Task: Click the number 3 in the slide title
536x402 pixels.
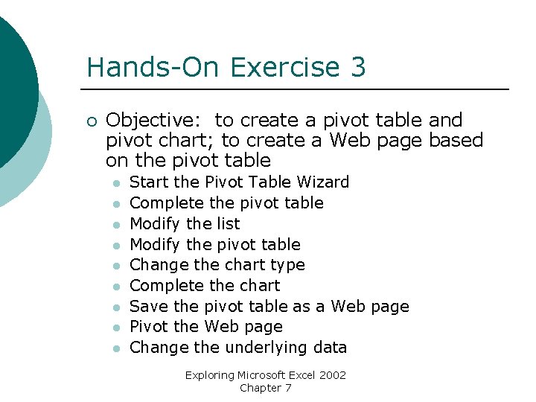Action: [x=357, y=68]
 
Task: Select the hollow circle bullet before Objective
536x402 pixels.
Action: [x=91, y=121]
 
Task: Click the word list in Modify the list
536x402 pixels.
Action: [x=228, y=224]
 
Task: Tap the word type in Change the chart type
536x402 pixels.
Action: [x=287, y=265]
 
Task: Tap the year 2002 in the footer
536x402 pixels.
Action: [x=332, y=375]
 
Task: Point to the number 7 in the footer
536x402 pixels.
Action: [x=288, y=388]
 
